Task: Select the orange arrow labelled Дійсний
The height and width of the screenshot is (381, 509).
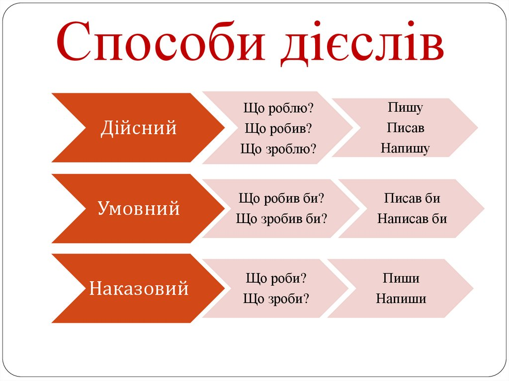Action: coord(138,128)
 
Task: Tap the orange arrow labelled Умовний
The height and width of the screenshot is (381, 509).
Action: coord(138,208)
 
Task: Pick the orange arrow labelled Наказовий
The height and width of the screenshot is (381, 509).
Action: coord(138,288)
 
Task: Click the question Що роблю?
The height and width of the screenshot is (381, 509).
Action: coord(278,108)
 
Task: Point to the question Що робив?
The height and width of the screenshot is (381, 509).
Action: coord(278,128)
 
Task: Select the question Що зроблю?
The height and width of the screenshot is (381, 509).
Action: coord(278,149)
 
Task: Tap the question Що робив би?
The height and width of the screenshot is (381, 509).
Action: coord(281,198)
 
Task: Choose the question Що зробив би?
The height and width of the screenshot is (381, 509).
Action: coord(281,219)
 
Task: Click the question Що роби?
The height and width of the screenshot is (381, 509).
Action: coord(276,278)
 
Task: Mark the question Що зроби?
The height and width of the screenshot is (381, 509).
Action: coord(276,299)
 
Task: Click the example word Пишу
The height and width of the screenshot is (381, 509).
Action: coord(405,107)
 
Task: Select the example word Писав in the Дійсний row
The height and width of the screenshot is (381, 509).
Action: coord(406,128)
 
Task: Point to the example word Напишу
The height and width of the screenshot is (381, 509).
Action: coord(405,149)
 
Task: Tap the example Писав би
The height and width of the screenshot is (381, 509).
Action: coord(412,198)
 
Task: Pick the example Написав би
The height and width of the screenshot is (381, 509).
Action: coord(412,219)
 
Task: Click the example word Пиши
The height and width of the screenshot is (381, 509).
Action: coord(401,278)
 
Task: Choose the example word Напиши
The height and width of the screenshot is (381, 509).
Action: coord(401,299)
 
